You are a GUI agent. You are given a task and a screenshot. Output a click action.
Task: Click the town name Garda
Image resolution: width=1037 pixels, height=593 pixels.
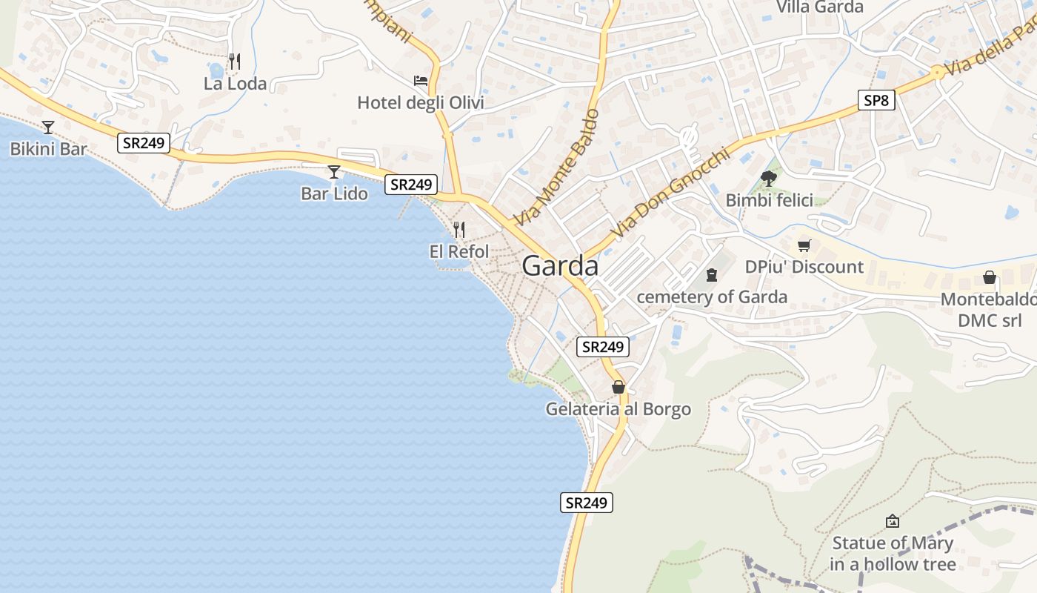coord(560,265)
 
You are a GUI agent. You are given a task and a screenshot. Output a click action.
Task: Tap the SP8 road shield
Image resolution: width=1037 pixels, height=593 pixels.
coord(876,100)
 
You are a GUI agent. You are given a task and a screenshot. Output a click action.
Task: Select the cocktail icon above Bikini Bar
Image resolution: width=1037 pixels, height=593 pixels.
coord(48,127)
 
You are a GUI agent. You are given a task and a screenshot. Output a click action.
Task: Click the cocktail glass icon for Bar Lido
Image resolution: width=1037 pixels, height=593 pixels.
coord(334,172)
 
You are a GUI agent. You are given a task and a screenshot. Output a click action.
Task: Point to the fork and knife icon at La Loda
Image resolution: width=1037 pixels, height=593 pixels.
coord(235,62)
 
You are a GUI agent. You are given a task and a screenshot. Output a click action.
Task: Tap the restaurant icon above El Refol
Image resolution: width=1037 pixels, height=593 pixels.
coord(459,229)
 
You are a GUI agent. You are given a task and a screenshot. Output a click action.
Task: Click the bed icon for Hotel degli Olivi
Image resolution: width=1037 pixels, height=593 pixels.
coord(421,80)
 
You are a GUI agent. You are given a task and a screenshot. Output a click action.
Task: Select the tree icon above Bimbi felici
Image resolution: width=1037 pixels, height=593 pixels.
coord(769,178)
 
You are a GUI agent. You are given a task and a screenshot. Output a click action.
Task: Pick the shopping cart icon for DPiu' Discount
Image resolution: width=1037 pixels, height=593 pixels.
coord(804,245)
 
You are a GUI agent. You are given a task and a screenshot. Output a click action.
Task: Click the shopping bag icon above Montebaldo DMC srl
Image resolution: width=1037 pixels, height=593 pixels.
coord(989,277)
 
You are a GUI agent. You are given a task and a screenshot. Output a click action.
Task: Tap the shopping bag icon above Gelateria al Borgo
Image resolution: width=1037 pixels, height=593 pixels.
coord(618,387)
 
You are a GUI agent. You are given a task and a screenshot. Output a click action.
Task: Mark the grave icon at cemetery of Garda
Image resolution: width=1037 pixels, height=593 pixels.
coord(712,275)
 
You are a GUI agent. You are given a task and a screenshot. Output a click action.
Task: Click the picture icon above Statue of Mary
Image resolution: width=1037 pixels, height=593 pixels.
coord(893,521)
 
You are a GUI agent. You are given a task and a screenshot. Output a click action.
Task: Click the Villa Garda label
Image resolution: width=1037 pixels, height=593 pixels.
coord(819,7)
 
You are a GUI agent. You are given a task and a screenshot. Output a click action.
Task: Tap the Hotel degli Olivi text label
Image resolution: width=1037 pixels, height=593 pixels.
coord(421,102)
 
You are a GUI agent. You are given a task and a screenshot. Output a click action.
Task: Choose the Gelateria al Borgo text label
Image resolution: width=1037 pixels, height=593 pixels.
coord(618,409)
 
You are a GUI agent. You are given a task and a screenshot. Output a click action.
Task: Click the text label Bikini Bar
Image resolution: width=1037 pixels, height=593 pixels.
coord(48,149)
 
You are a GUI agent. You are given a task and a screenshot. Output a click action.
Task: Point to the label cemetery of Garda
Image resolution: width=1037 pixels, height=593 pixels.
coord(712,297)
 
